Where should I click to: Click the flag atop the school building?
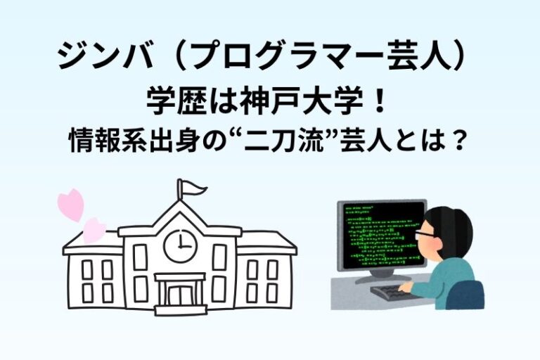pyautogui.click(x=193, y=188)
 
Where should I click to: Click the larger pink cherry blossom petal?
pyautogui.click(x=71, y=204)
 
